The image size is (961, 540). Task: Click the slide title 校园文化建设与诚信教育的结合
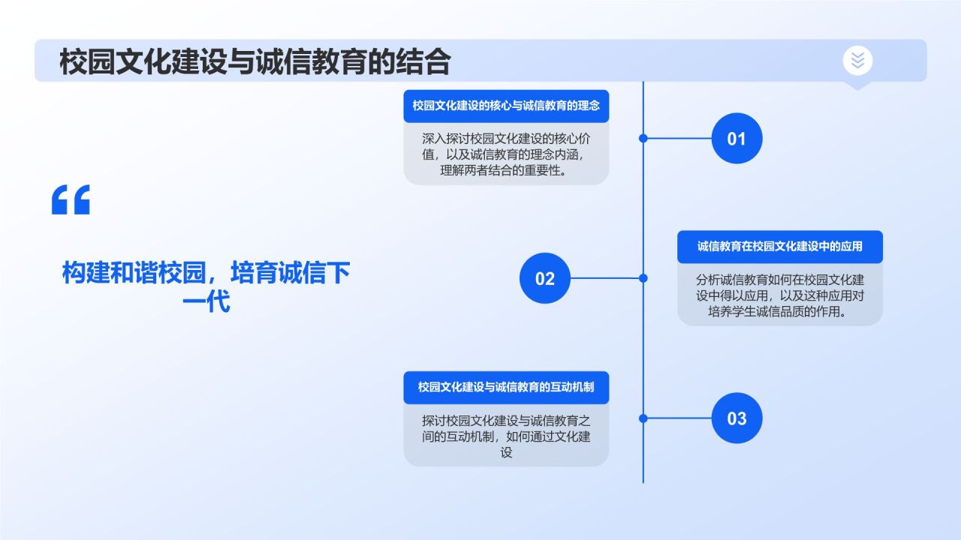[255, 61]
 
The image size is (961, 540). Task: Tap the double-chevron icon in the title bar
[857, 61]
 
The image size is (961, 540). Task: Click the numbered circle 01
[737, 139]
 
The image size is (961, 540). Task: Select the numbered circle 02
[545, 278]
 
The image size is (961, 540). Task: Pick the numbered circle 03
[737, 418]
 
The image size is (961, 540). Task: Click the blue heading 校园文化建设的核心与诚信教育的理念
[506, 106]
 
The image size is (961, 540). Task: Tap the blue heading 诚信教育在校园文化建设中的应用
[779, 247]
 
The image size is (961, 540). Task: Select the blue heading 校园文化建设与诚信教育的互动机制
[506, 388]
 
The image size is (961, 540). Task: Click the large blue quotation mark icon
[71, 199]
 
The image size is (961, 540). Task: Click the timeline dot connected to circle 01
[643, 139]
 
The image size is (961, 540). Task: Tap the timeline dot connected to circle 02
[643, 278]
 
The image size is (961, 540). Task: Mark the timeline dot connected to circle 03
[643, 418]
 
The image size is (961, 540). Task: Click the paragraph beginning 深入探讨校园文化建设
[506, 154]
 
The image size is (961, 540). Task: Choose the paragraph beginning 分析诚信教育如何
[779, 295]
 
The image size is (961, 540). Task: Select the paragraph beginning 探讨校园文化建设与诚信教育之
[506, 436]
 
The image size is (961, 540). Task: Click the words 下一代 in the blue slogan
[225, 301]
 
